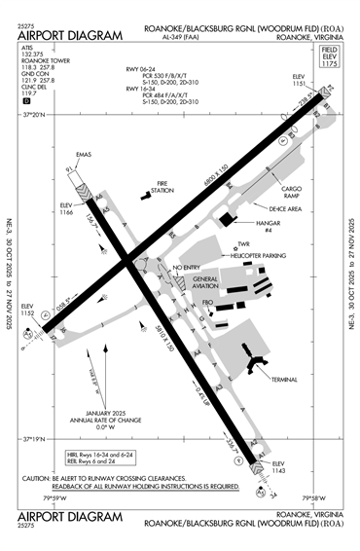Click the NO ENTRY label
click(x=186, y=266)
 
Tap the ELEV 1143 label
click(x=279, y=466)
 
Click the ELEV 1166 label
click(x=68, y=209)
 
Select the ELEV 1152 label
click(x=28, y=315)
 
